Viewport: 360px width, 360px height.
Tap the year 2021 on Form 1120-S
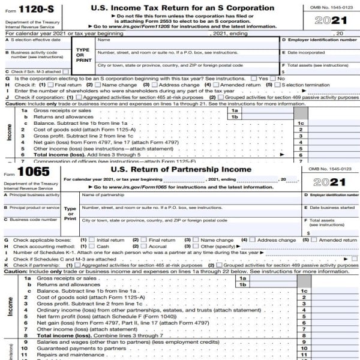(331, 21)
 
